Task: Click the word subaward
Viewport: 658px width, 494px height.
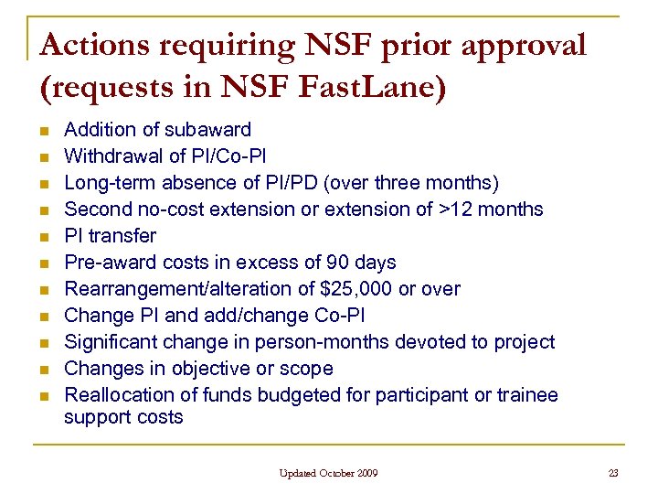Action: click(207, 130)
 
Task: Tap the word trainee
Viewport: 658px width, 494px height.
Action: click(526, 395)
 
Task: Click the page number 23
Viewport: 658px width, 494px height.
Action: click(613, 473)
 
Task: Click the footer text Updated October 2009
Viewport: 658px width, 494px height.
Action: click(329, 473)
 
